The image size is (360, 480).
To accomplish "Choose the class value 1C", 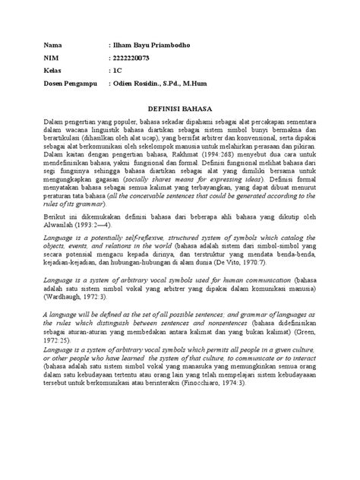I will tap(117, 71).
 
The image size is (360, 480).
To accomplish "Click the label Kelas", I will tap(53, 71).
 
